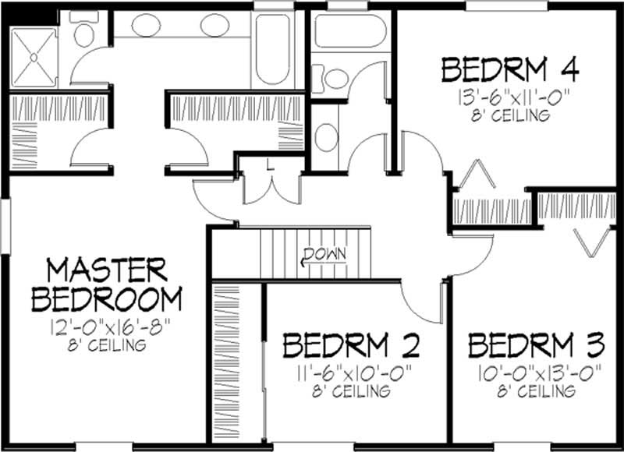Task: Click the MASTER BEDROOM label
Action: click(107, 284)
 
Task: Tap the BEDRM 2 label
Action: click(351, 344)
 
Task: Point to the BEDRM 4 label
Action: click(510, 70)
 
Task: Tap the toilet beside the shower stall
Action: click(82, 34)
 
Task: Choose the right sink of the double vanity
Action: click(214, 26)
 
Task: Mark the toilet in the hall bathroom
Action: click(336, 78)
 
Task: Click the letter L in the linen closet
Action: click(269, 164)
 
